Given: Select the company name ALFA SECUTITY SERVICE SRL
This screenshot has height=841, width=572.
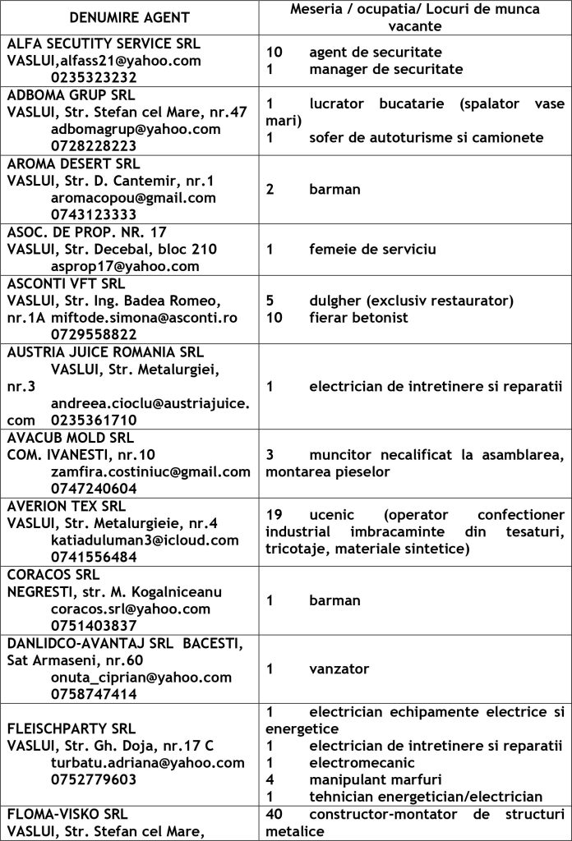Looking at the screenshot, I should [x=104, y=44].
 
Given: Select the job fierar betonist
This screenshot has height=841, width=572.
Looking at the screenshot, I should [x=361, y=317].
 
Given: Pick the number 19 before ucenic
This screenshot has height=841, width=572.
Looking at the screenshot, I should [x=275, y=514].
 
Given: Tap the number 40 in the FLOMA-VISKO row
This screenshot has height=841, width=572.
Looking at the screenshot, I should [x=276, y=814].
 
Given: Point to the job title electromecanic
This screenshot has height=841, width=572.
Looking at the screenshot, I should [x=362, y=762].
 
